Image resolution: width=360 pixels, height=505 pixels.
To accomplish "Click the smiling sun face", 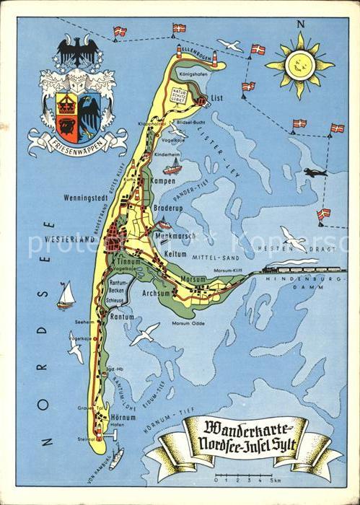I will coord(299,65).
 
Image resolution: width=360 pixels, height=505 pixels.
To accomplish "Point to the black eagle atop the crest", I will coord(77,51).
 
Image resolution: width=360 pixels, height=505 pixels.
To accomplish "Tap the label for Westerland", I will coord(70,238).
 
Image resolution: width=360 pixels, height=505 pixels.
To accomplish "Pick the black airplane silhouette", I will coord(315,172).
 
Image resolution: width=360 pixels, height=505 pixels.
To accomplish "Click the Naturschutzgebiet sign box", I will coord(179,93).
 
